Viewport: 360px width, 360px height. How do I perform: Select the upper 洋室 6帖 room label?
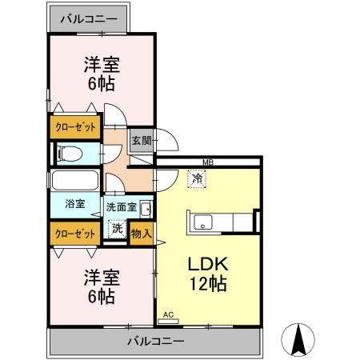pyautogui.click(x=101, y=74)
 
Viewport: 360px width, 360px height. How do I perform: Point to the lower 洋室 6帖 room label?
pyautogui.click(x=101, y=286)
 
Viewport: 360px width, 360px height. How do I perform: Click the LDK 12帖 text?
pyautogui.click(x=210, y=273)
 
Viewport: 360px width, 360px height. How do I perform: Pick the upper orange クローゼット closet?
pyautogui.click(x=76, y=126)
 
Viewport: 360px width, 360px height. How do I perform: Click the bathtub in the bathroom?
pyautogui.click(x=74, y=180)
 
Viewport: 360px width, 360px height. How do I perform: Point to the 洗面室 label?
pyautogui.click(x=121, y=207)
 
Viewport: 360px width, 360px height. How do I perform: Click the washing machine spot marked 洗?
pyautogui.click(x=117, y=229)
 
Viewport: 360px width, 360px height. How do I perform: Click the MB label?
pyautogui.click(x=208, y=163)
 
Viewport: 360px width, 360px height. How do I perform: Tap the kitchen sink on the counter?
pyautogui.click(x=201, y=222)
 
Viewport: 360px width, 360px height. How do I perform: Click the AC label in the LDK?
pyautogui.click(x=168, y=315)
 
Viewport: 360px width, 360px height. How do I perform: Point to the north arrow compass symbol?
pyautogui.click(x=300, y=339)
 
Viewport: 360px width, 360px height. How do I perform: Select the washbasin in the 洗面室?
pyautogui.click(x=145, y=210)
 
